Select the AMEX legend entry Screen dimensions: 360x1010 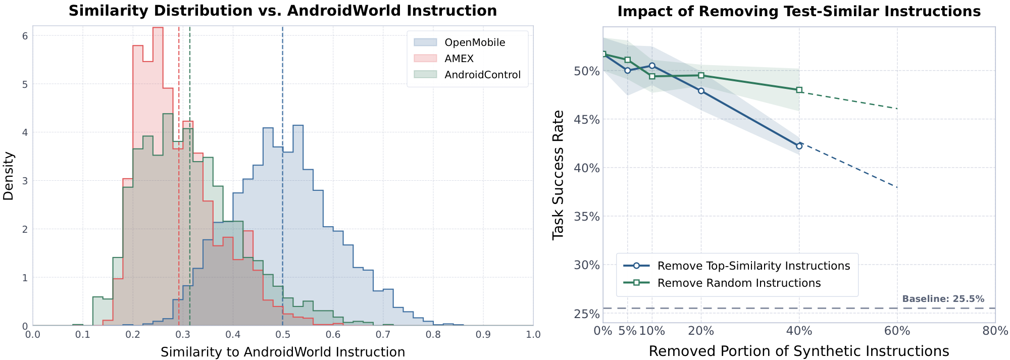pyautogui.click(x=459, y=59)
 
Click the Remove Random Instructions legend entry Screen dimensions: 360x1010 pyautogui.click(x=739, y=283)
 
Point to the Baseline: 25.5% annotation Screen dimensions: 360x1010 pyautogui.click(x=943, y=299)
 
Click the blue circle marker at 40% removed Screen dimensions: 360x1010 pyautogui.click(x=799, y=146)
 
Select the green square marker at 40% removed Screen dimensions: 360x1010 pyautogui.click(x=799, y=90)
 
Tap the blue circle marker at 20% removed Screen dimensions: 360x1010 pyautogui.click(x=701, y=91)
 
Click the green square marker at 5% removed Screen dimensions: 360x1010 pyautogui.click(x=627, y=60)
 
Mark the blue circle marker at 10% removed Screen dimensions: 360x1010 pyautogui.click(x=652, y=66)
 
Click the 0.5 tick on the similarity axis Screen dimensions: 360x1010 pyautogui.click(x=283, y=335)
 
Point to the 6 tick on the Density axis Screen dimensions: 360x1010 pyautogui.click(x=24, y=36)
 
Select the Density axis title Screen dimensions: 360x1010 pyautogui.click(x=9, y=176)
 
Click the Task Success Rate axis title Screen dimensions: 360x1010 pyautogui.click(x=558, y=175)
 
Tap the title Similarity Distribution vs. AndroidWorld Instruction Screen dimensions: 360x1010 pyautogui.click(x=283, y=11)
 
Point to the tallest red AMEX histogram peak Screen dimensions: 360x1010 pyautogui.click(x=158, y=28)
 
